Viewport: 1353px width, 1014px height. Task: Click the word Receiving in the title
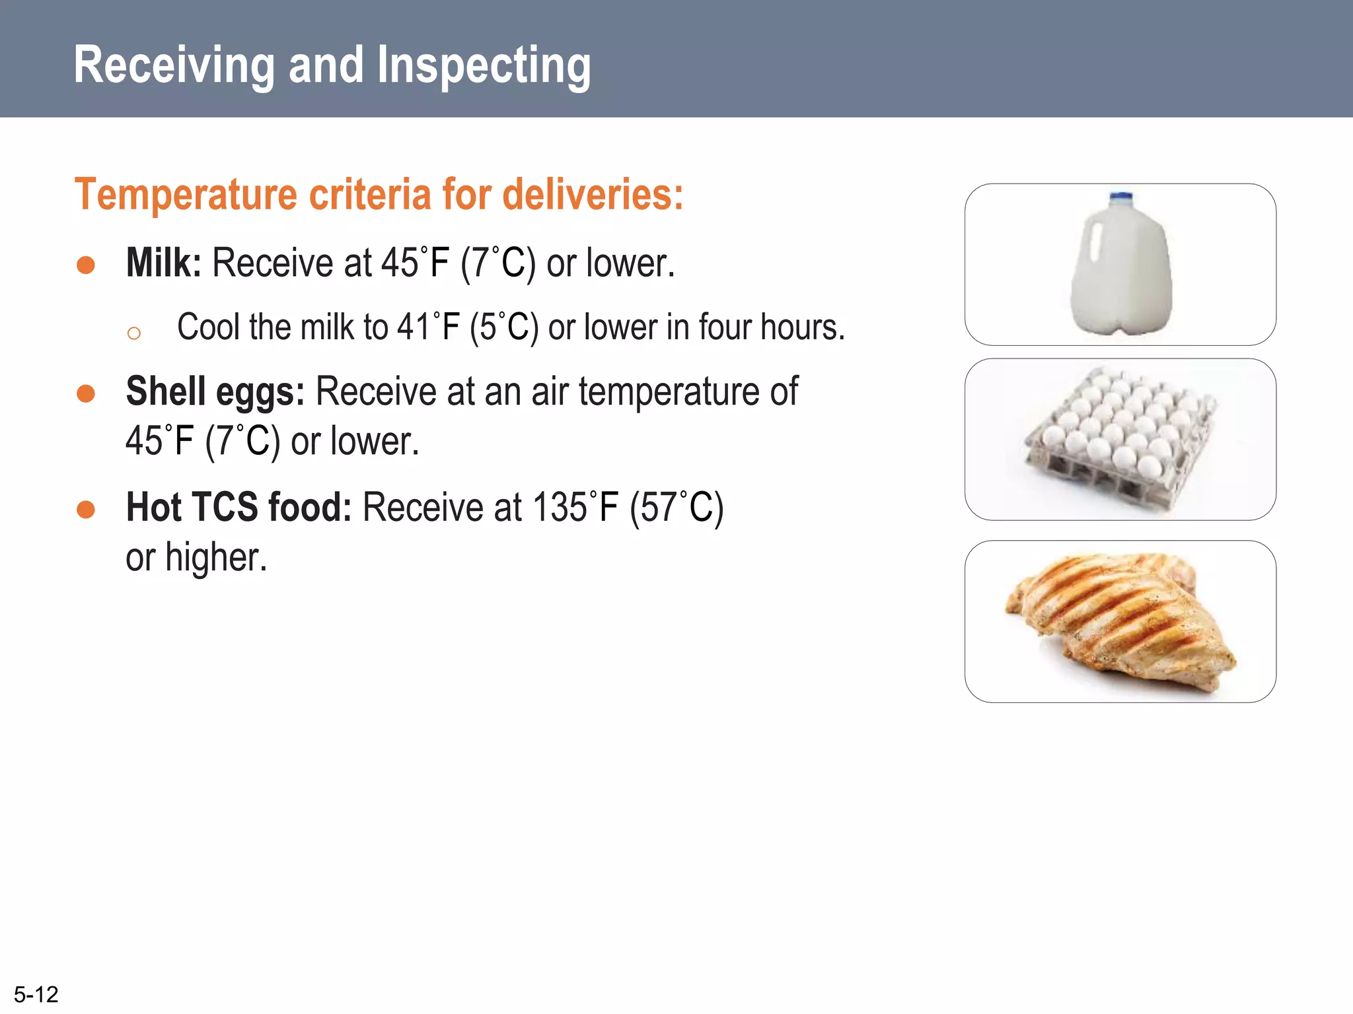click(x=174, y=65)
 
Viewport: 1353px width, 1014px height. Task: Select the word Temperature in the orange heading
click(x=186, y=195)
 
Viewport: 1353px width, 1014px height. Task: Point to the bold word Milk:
click(x=163, y=263)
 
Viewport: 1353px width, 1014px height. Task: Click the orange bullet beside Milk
click(x=86, y=265)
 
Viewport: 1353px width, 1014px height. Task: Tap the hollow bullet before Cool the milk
click(x=134, y=333)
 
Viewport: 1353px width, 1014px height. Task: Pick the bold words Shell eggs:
click(x=215, y=391)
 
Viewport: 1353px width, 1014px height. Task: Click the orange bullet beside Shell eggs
click(x=86, y=394)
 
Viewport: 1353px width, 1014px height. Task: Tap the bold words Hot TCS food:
click(x=238, y=508)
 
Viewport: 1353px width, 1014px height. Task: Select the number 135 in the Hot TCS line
click(x=560, y=508)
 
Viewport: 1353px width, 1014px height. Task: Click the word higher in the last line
click(x=215, y=558)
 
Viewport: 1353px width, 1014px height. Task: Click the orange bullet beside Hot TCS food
click(x=86, y=510)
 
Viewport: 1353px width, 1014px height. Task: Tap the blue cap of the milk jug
click(x=1121, y=197)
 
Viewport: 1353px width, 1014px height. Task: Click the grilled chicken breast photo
click(x=1120, y=621)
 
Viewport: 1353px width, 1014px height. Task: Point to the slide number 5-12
click(x=36, y=994)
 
